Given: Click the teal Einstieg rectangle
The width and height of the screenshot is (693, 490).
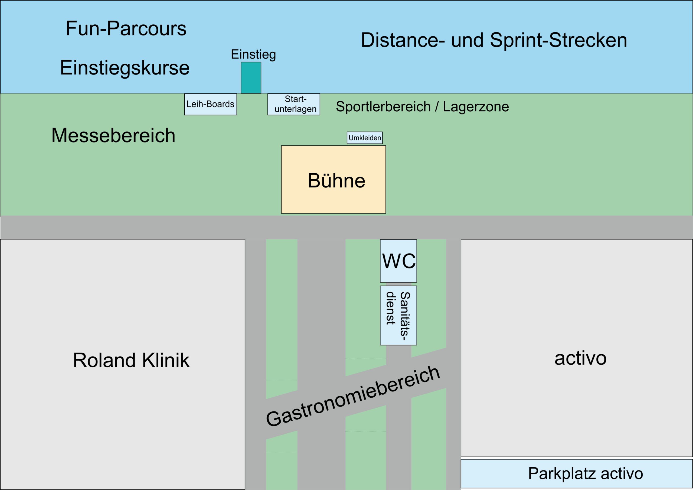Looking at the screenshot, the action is click(251, 78).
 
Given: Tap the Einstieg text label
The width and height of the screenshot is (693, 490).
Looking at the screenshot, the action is click(253, 55).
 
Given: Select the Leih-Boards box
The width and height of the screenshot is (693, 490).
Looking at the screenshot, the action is click(211, 104).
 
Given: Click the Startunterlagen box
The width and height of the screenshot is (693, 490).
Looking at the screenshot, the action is click(294, 104).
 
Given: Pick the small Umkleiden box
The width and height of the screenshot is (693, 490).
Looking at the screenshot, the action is click(365, 138).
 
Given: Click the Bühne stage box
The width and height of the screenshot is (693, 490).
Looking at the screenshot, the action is click(334, 179).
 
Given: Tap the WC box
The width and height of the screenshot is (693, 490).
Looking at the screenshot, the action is click(398, 261).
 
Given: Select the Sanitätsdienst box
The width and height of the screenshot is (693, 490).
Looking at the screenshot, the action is click(398, 315).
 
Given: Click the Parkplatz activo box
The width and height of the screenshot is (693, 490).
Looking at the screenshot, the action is click(577, 474).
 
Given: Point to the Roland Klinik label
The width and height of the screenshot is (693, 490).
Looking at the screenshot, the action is click(131, 360).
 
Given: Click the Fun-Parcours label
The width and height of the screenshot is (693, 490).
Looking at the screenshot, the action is click(126, 28).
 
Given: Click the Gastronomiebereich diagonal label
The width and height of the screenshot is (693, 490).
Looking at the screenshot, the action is click(352, 396).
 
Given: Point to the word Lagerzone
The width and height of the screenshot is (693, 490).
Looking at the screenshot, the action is click(476, 107).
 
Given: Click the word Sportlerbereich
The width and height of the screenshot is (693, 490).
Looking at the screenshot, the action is click(383, 107).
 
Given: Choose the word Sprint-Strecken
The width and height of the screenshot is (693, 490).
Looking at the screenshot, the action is click(558, 40).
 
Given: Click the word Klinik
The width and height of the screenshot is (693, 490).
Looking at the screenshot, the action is click(166, 360).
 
